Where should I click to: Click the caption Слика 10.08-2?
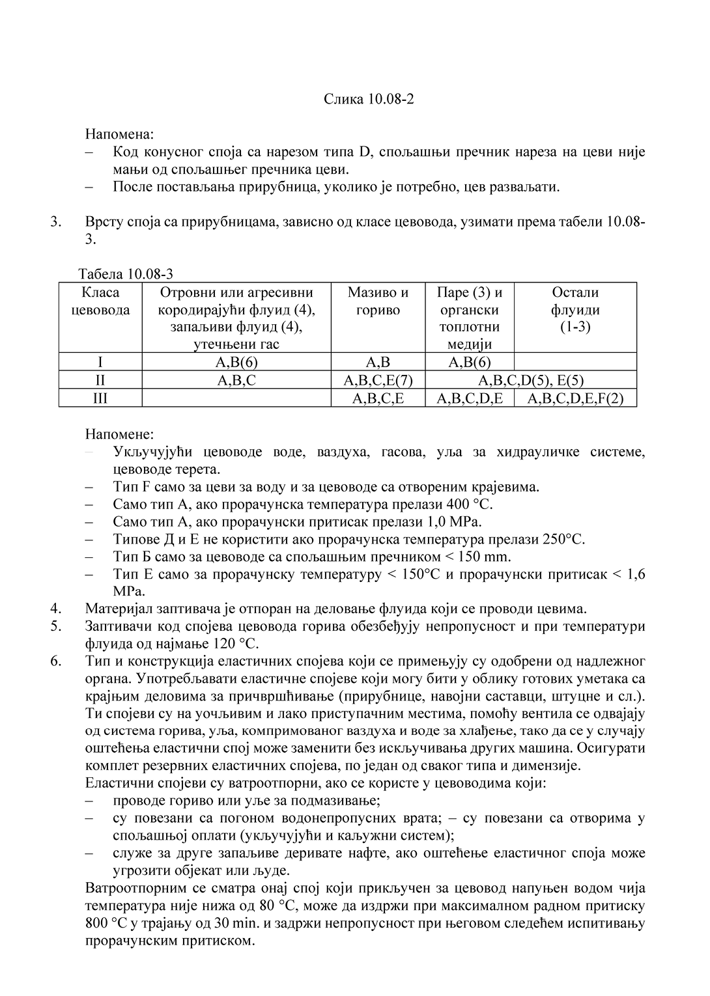click(369, 99)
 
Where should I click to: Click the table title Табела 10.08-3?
click(126, 273)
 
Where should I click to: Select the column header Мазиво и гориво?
click(378, 301)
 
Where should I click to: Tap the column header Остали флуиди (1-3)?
click(575, 310)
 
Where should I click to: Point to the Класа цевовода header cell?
click(100, 301)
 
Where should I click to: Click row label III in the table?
click(100, 398)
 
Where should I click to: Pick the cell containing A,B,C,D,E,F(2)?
click(575, 398)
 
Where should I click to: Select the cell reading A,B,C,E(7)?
click(378, 380)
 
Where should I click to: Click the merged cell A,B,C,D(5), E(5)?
click(531, 380)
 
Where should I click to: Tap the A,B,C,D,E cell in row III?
click(470, 398)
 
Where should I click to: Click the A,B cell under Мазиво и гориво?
click(378, 363)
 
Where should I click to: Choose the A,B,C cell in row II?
click(236, 380)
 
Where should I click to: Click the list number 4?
click(56, 609)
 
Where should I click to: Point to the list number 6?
click(56, 661)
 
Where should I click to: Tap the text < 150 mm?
click(477, 557)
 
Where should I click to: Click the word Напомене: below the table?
click(120, 434)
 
